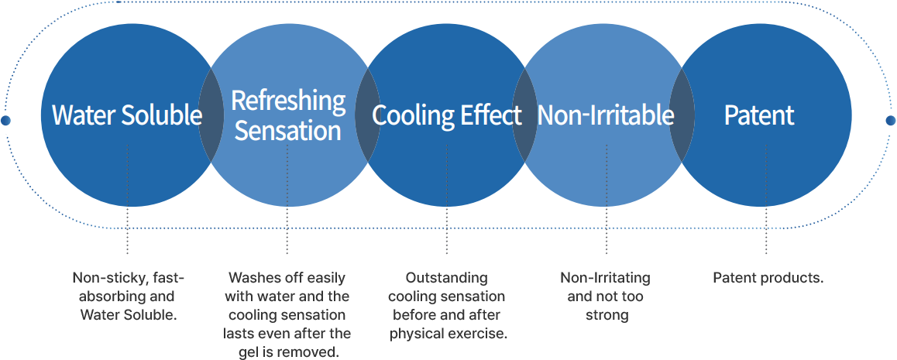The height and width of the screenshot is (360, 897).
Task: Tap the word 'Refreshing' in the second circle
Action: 288,101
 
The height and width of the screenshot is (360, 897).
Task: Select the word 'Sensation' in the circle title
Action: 288,130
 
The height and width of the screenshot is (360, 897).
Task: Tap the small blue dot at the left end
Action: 6,121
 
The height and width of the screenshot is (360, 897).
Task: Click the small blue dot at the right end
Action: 891,121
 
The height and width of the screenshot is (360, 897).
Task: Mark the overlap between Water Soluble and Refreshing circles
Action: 211,115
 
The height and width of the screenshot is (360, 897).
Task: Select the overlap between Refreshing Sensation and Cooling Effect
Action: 368,115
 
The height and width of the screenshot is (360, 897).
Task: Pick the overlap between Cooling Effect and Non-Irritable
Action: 524,115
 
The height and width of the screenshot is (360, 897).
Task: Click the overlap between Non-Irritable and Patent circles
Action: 682,115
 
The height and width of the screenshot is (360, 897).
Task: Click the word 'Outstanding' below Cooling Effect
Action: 447,278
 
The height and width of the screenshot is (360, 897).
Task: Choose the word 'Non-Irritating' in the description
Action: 606,278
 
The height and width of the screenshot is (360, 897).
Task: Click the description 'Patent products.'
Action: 768,278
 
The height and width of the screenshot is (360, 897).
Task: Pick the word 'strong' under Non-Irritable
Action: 606,315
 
